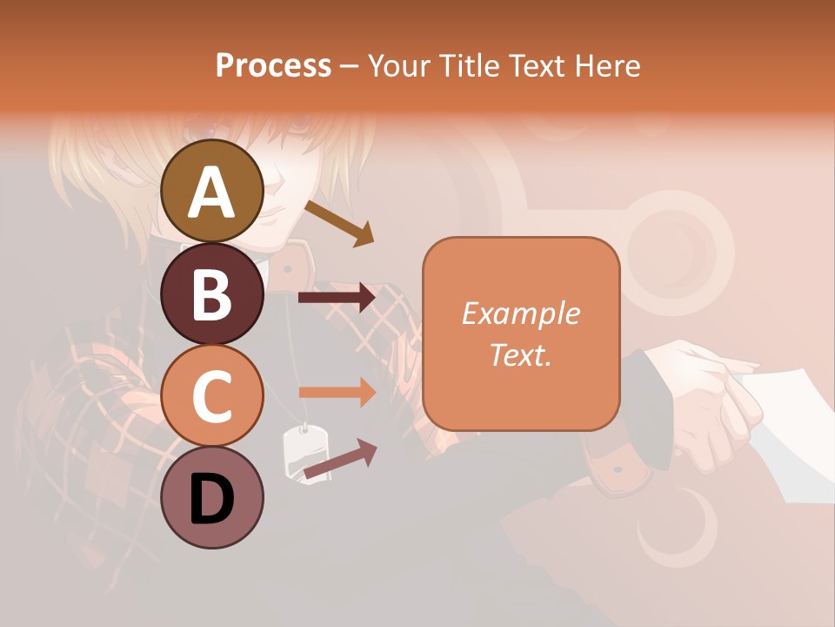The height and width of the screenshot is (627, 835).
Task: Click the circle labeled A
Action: coord(212,191)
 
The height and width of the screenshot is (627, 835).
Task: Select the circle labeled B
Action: coord(212,293)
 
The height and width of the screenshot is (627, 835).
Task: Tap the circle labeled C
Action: coord(212,395)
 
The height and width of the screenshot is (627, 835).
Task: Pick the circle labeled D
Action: coord(212,497)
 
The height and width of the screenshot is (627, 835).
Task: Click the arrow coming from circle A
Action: coord(339,223)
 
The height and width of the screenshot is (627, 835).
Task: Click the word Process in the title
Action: coord(273,65)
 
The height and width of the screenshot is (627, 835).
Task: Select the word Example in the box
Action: coord(520,313)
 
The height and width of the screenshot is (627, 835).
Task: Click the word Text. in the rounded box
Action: coord(520,354)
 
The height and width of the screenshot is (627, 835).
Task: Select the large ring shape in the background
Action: coord(680,241)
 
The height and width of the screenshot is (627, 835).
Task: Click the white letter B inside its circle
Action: coord(212,294)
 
